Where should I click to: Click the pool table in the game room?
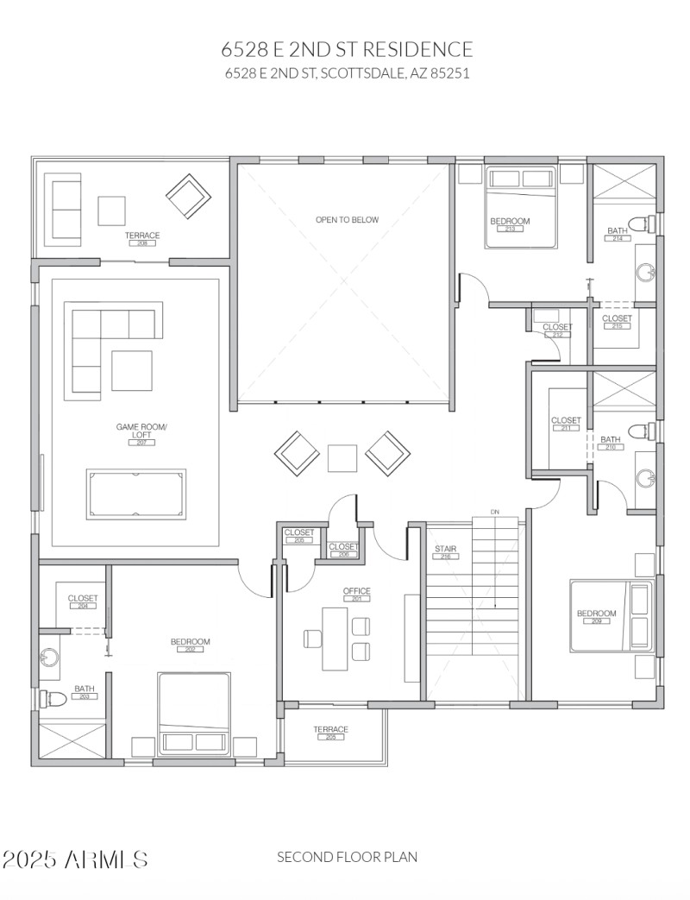tap(136, 494)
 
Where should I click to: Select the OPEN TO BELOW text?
tap(347, 220)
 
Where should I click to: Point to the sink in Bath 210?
tap(646, 478)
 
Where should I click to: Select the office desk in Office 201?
tap(336, 639)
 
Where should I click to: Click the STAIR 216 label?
tap(445, 552)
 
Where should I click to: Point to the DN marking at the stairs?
tap(495, 513)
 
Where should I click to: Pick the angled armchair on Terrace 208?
tap(189, 198)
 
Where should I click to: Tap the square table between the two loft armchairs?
tap(342, 457)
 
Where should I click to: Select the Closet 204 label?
tap(83, 601)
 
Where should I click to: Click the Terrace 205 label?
tap(330, 733)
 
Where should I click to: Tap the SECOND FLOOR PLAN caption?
tap(347, 857)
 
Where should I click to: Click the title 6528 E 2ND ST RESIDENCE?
tap(347, 49)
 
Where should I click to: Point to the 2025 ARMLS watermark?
tap(75, 859)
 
